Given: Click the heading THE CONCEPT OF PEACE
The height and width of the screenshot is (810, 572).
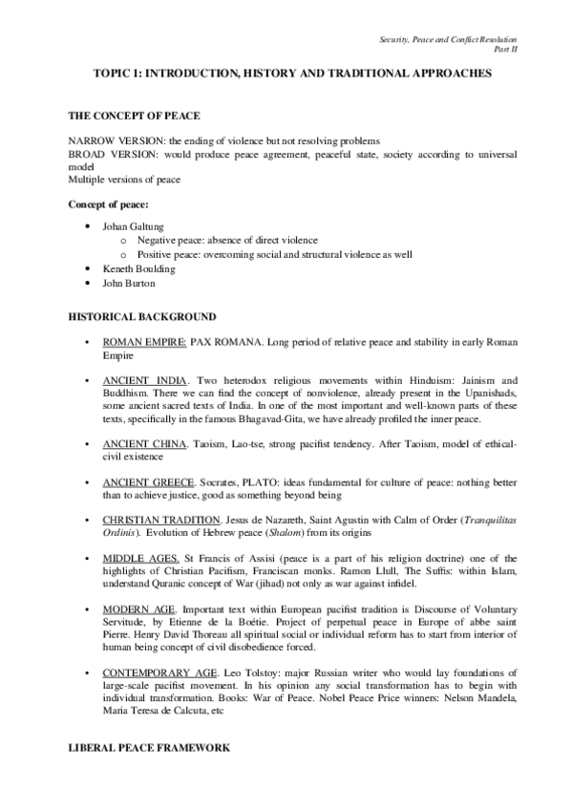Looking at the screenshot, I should coord(133,116).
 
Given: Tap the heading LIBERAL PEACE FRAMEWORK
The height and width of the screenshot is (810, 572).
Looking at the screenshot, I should coord(149,748).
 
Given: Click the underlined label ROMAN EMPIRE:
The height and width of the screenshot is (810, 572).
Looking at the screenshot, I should coord(144,340).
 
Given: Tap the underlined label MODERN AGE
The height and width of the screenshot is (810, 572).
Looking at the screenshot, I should coord(136,607).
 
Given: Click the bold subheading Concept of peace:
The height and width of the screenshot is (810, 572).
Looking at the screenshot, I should coord(113,203).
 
